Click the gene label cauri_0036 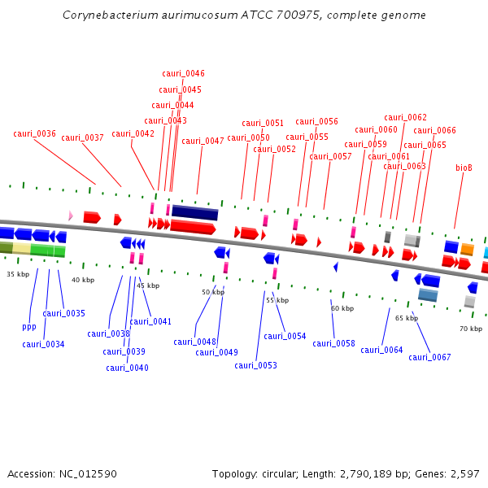[35, 133]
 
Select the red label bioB [464, 168]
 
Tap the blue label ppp [29, 327]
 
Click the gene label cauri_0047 [203, 141]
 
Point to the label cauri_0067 [429, 357]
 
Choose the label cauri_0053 [255, 365]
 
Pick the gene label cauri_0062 [405, 117]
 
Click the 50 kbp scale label [212, 292]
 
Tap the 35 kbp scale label [18, 274]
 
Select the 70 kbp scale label [470, 329]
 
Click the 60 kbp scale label [342, 308]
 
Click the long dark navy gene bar [195, 212]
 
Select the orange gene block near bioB [467, 249]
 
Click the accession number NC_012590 [87, 473]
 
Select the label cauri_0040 [127, 368]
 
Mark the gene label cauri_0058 [333, 343]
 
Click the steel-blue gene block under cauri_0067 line [428, 294]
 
